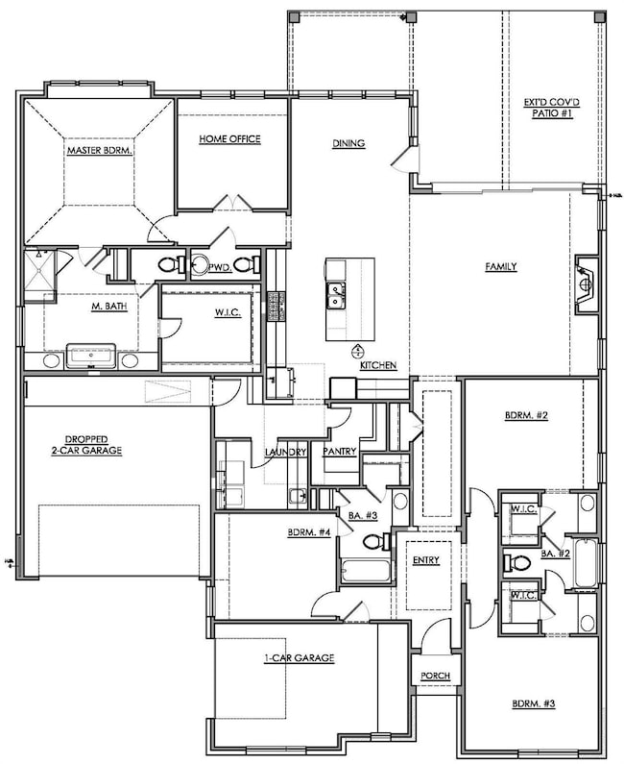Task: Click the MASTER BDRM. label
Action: coord(100,151)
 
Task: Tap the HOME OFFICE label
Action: coord(229,139)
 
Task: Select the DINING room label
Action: coord(348,143)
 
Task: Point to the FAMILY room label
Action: coord(501,266)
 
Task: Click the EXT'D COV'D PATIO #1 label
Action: coord(551,109)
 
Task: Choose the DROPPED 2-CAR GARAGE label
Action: coord(86,445)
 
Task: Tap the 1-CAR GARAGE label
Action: coord(300,657)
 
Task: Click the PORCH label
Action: coord(435,676)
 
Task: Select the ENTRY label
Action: coord(426,560)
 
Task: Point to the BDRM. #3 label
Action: coord(534,703)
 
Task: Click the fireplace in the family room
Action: coord(586,283)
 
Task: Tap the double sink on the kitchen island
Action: coord(336,296)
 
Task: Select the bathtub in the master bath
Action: coord(91,356)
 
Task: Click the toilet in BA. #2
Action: coord(516,563)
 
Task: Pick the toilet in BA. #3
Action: coord(376,541)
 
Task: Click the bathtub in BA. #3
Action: coord(366,571)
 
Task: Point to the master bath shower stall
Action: coord(40,275)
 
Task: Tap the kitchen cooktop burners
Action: coord(276,307)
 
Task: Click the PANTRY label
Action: coord(340,452)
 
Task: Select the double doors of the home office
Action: coord(231,202)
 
